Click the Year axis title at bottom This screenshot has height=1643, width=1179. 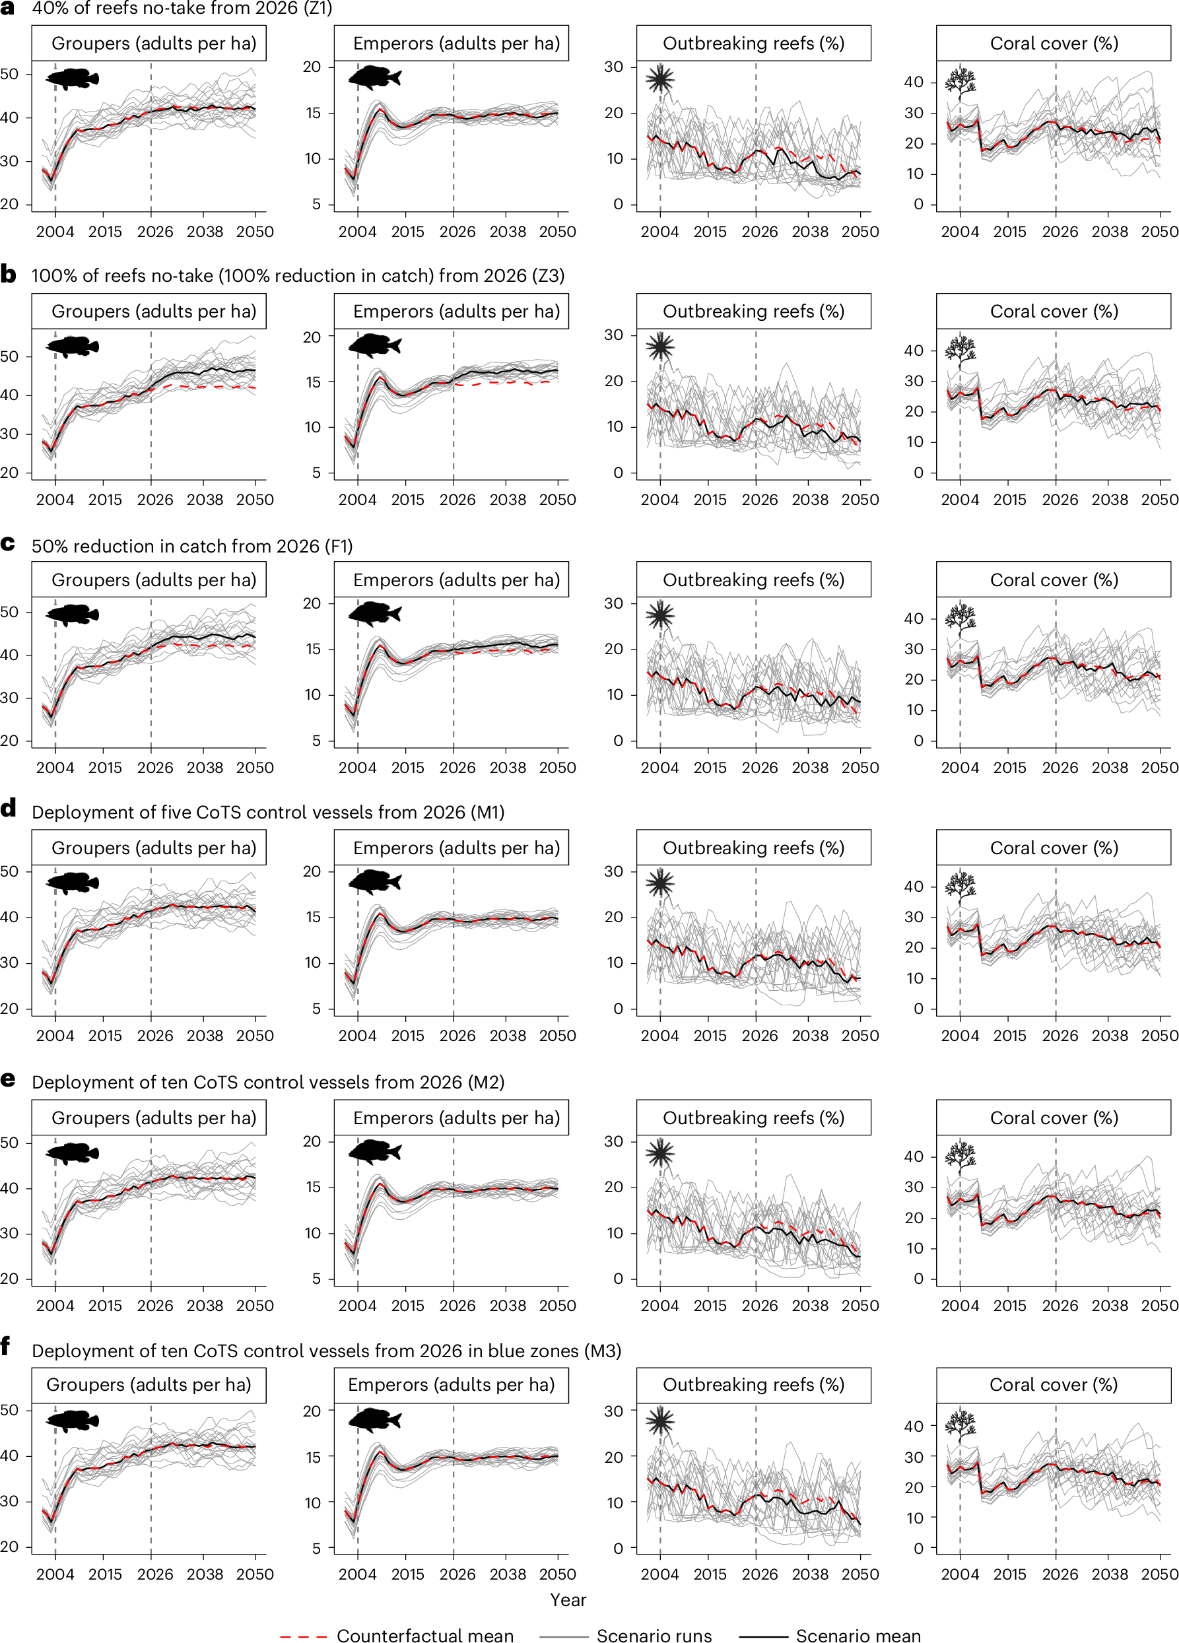point(568,1599)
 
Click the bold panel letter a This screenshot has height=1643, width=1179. point(8,8)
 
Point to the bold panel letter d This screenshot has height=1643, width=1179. point(8,809)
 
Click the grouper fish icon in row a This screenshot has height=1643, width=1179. point(73,79)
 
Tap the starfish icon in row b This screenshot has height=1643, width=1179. point(659,347)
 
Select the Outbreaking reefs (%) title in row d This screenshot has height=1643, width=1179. point(753,848)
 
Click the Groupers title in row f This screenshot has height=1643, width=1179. point(149,1384)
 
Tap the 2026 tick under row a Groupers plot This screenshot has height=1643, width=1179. point(154,232)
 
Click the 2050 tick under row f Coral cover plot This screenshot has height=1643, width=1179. point(1159,1574)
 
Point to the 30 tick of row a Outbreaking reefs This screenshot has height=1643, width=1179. point(613,67)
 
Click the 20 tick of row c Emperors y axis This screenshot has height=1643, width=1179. point(312,603)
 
